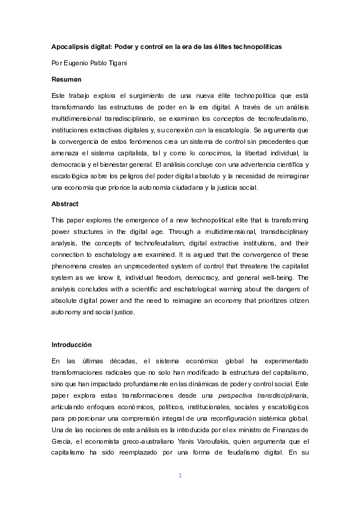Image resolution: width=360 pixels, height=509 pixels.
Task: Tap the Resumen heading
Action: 67,79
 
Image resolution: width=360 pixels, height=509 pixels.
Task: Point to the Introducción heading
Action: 71,345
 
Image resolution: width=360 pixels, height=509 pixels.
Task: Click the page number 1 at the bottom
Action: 180,476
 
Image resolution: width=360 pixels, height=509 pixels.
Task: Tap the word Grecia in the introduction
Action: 62,441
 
